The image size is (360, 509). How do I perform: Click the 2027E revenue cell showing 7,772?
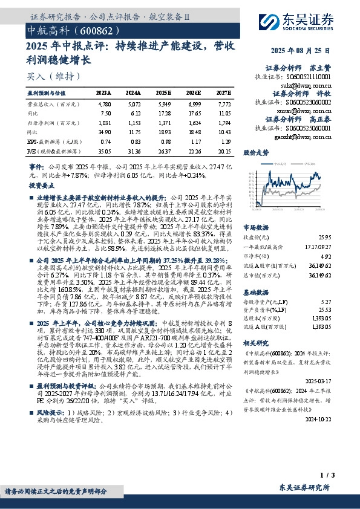coord(223,104)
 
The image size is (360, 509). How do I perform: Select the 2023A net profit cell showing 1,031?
coord(104,122)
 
